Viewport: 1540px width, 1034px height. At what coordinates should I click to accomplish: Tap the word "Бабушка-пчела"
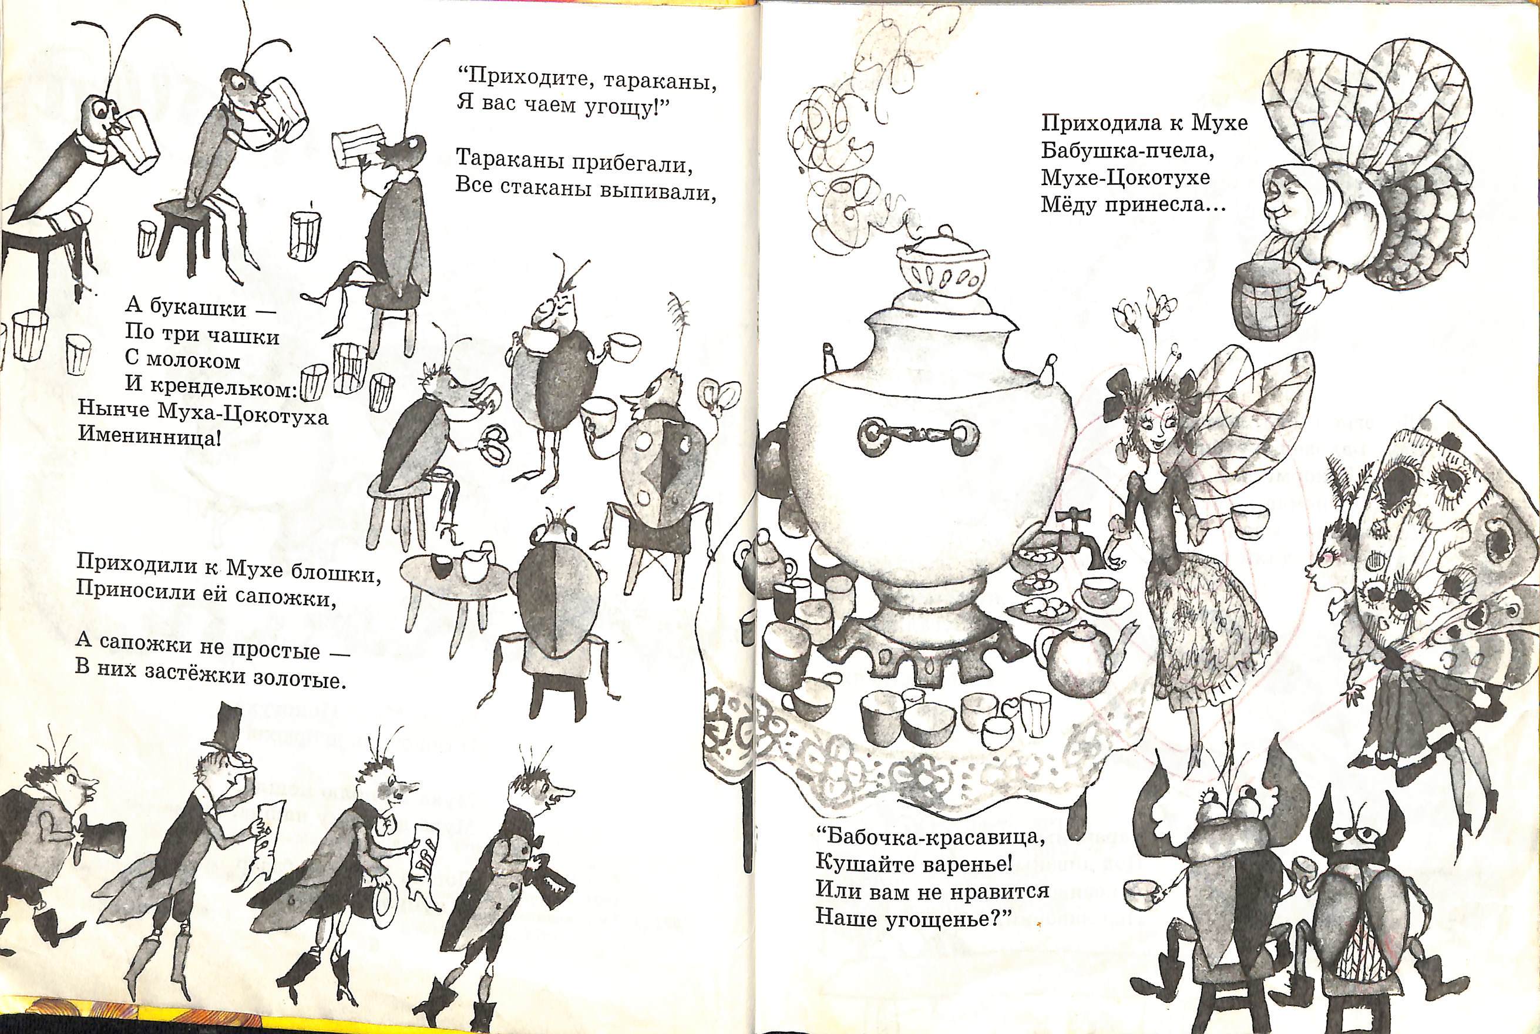tap(1128, 150)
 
